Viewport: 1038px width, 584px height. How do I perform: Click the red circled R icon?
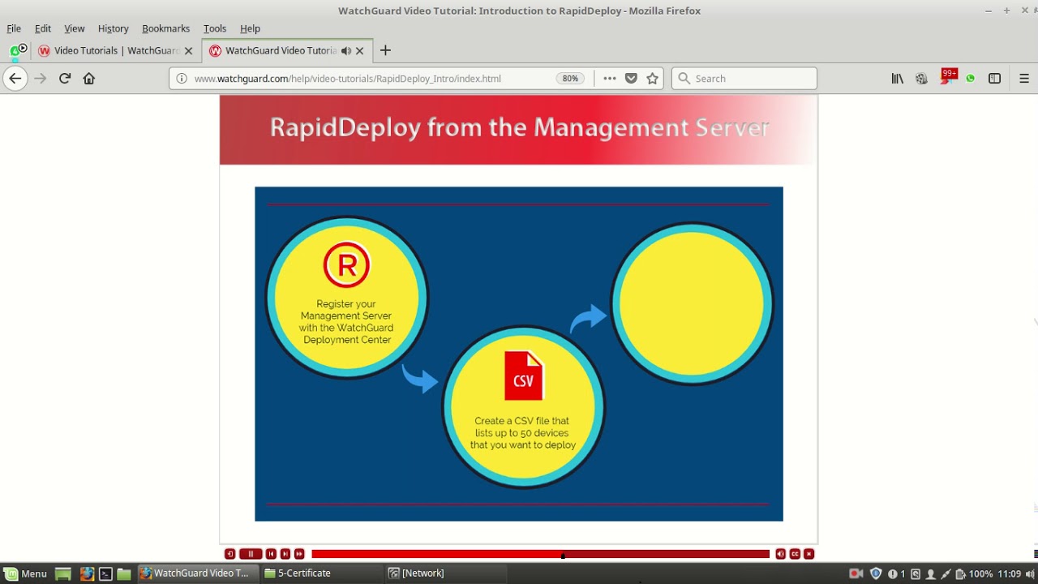[x=346, y=265]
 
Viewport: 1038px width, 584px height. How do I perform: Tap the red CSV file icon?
[x=523, y=376]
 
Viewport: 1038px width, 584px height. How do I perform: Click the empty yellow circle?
[x=692, y=303]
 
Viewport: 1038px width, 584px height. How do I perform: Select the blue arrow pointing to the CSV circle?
[x=419, y=377]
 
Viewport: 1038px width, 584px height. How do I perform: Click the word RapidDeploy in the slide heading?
[x=345, y=127]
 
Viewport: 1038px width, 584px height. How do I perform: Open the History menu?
[x=113, y=28]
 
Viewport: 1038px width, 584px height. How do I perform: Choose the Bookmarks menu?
[x=165, y=28]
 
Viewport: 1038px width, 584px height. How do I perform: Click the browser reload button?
[x=65, y=79]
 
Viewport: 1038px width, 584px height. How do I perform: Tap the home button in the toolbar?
[x=89, y=79]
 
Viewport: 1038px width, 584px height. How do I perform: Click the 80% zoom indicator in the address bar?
[x=570, y=79]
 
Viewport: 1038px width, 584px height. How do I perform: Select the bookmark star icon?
[x=652, y=79]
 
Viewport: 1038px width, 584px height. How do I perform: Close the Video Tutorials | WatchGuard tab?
[x=189, y=50]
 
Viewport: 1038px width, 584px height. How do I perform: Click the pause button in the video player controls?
[x=251, y=554]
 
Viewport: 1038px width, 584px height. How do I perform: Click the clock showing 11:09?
[x=1009, y=573]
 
